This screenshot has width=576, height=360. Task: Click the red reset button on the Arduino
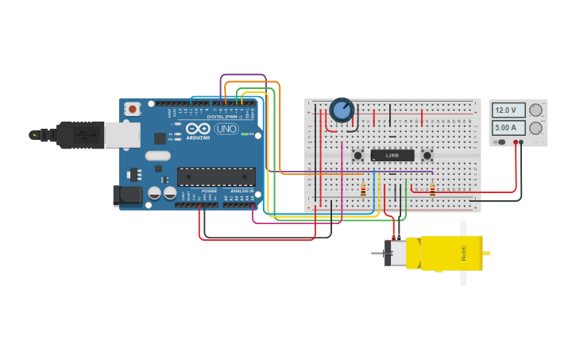[132, 107]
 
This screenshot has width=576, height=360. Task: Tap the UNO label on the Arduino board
[226, 129]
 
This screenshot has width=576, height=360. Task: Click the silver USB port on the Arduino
[122, 135]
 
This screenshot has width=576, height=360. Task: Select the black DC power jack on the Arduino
[127, 195]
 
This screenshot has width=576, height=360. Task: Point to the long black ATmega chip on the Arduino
[216, 176]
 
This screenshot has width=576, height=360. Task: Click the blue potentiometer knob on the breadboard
[342, 110]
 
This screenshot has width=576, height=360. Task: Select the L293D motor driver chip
[392, 156]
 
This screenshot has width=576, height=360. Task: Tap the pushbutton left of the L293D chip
[358, 156]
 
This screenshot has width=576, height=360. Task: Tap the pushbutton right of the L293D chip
[427, 156]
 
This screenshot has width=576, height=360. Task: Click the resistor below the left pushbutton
[363, 190]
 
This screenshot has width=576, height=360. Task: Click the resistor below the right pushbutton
[432, 190]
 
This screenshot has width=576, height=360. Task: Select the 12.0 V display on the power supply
[508, 110]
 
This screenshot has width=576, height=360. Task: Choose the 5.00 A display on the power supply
[508, 127]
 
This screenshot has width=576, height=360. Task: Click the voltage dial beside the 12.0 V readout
[536, 110]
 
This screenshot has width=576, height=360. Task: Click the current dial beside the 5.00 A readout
[536, 127]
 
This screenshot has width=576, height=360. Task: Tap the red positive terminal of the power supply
[516, 142]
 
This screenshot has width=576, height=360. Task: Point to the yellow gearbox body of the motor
[451, 253]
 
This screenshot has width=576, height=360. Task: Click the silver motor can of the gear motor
[397, 253]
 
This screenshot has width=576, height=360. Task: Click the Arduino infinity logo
[199, 129]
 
